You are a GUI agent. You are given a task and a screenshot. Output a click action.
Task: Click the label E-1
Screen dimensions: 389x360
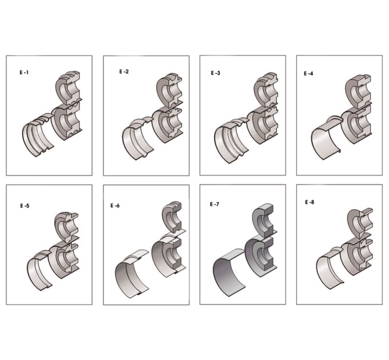24,73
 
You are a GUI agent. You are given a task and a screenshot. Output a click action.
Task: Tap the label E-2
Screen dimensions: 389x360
124,71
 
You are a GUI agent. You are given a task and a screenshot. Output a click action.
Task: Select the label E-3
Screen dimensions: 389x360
215,73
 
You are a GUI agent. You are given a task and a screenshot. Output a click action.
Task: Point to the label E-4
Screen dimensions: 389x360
308,74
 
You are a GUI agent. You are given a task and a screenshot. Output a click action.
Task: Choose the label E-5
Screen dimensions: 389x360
25,206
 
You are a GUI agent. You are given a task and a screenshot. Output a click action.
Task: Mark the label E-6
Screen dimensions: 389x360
115,206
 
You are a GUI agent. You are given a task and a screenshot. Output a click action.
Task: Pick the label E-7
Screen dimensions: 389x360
215,205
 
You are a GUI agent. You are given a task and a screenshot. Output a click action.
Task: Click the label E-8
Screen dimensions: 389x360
309,202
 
